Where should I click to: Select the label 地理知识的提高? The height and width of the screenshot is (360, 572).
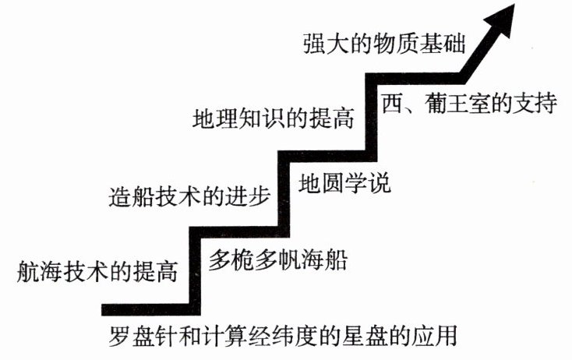point(274,119)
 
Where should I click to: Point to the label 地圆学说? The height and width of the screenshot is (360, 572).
point(344,186)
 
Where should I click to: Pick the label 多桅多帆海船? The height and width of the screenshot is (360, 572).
point(277,259)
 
